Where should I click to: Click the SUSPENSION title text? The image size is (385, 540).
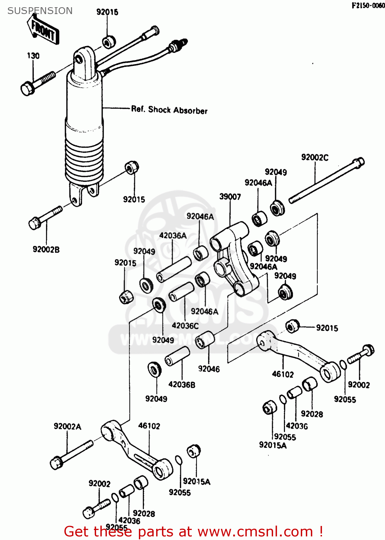[x=40, y=11]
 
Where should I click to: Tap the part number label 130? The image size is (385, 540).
[x=33, y=56]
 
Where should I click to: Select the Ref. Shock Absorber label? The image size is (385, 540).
[x=169, y=110]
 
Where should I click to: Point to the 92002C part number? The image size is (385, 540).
[x=315, y=157]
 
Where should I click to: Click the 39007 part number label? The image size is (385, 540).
[x=230, y=197]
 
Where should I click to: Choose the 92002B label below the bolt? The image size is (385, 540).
[x=46, y=249]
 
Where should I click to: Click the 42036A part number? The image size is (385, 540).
[x=173, y=235]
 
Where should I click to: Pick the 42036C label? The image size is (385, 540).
[x=185, y=326]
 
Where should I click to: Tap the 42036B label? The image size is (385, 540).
[x=182, y=384]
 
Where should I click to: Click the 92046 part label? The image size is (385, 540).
[x=209, y=369]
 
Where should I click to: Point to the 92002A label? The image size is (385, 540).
[x=67, y=427]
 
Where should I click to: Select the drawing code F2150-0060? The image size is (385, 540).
[x=368, y=5]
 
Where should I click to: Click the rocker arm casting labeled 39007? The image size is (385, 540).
[x=234, y=259]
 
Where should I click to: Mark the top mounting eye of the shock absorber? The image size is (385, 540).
[x=83, y=59]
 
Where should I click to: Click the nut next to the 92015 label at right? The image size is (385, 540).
[x=292, y=326]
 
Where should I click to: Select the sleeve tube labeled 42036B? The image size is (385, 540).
[x=177, y=356]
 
